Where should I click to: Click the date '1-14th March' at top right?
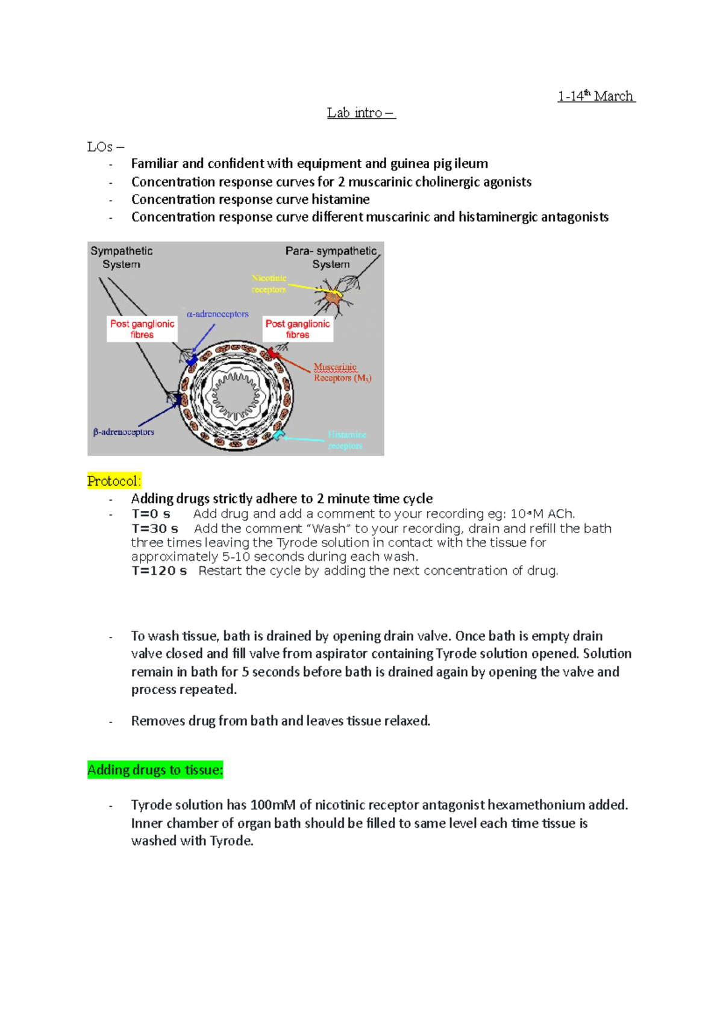click(595, 96)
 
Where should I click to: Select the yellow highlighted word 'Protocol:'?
click(114, 481)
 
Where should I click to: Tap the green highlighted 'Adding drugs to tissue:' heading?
click(155, 770)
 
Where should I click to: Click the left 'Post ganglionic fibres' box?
click(142, 329)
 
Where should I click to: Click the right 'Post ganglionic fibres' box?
click(298, 329)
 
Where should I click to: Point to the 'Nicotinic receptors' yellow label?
click(269, 284)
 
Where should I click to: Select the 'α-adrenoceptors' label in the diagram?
click(218, 314)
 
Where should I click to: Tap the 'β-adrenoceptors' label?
click(124, 432)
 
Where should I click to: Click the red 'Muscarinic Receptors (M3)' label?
click(341, 372)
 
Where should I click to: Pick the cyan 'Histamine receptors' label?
click(346, 440)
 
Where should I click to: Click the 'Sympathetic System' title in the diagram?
click(121, 257)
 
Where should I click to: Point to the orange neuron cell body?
click(333, 296)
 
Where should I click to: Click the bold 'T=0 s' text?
click(151, 514)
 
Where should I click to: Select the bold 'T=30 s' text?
click(155, 529)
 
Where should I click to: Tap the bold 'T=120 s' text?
click(159, 571)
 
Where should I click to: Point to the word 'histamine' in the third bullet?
click(340, 199)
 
